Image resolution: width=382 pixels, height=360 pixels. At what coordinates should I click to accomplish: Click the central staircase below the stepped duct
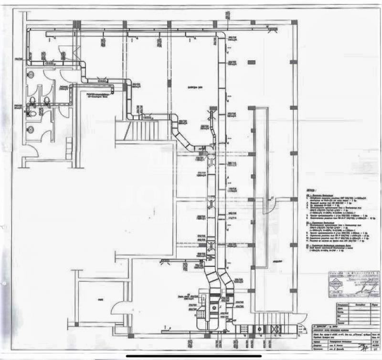(x=143, y=129)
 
